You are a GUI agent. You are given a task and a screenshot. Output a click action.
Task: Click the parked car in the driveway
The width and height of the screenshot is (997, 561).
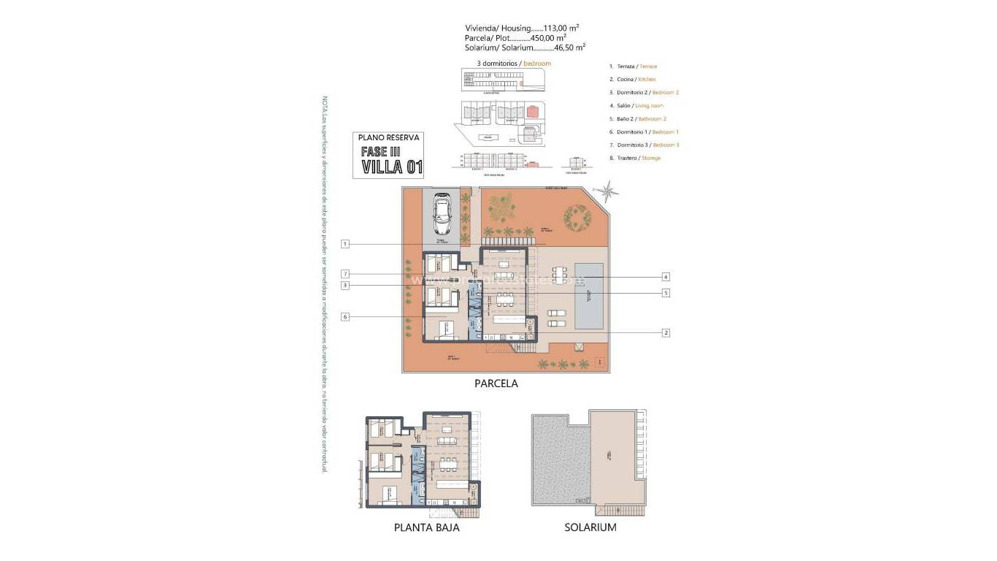point(442,213)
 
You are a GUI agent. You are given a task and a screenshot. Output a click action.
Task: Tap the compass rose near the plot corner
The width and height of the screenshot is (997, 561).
point(606,192)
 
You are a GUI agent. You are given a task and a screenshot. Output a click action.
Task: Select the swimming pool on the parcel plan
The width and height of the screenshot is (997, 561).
point(588,297)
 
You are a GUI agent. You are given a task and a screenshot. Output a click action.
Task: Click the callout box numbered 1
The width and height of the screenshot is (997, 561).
point(345,243)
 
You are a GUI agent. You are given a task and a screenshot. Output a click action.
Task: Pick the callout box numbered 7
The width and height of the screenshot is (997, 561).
point(345,274)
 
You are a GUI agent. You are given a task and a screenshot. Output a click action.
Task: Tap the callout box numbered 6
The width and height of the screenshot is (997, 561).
point(345,316)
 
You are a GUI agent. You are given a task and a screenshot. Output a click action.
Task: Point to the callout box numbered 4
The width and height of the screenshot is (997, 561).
point(666,277)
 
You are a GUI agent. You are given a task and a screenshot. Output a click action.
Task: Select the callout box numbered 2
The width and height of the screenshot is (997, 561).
point(666,332)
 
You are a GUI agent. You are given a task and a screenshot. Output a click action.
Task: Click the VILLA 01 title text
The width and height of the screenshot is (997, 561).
point(392,167)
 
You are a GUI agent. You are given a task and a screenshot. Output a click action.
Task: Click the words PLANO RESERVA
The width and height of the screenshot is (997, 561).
point(390,137)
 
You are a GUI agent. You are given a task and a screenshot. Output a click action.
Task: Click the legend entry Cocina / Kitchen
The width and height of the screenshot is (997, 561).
point(632,79)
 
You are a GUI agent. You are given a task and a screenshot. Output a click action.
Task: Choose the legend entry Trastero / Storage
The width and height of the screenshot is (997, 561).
point(635,158)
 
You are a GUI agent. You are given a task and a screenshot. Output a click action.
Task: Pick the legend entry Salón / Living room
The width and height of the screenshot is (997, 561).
point(636,105)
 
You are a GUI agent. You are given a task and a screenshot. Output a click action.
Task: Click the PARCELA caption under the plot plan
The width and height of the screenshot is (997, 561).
point(496,383)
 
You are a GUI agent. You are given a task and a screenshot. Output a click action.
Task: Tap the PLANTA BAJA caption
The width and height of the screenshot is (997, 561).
point(426,527)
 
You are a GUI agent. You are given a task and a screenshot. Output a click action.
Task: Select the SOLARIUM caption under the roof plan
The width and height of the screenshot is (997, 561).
point(590,527)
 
